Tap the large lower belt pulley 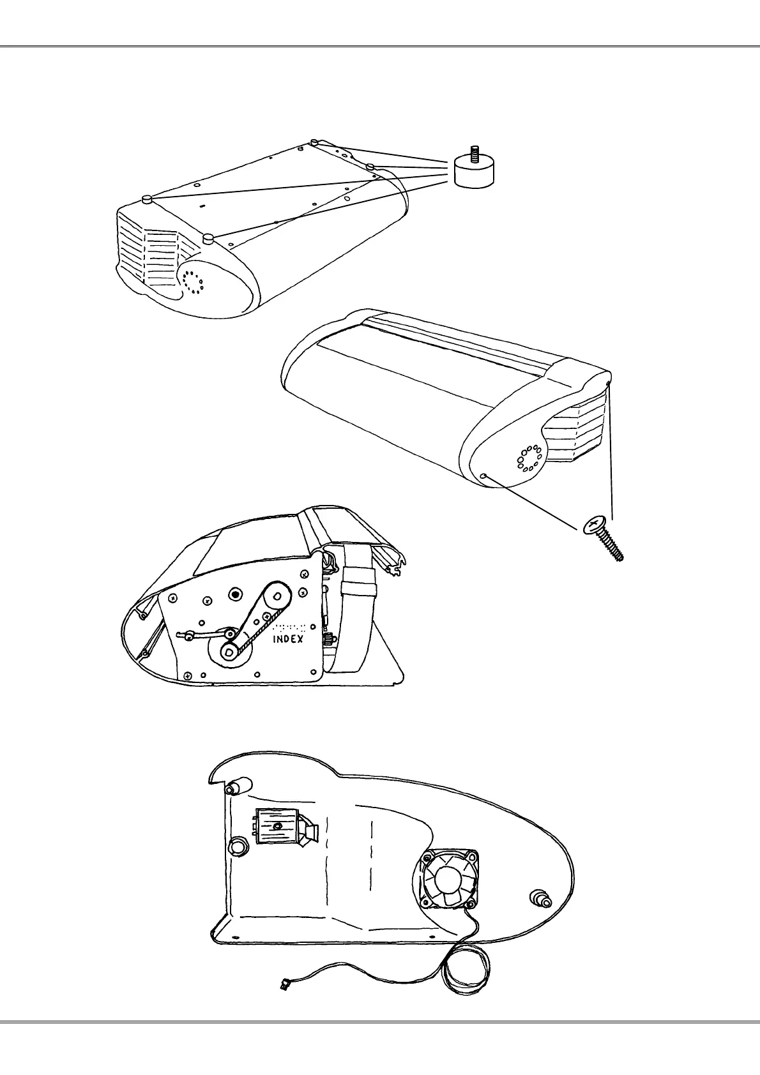pyautogui.click(x=229, y=652)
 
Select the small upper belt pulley pyautogui.click(x=277, y=596)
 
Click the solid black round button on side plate pyautogui.click(x=236, y=594)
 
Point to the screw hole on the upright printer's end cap pyautogui.click(x=485, y=476)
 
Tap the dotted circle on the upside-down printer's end pyautogui.click(x=192, y=281)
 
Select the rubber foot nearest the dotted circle pyautogui.click(x=208, y=239)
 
